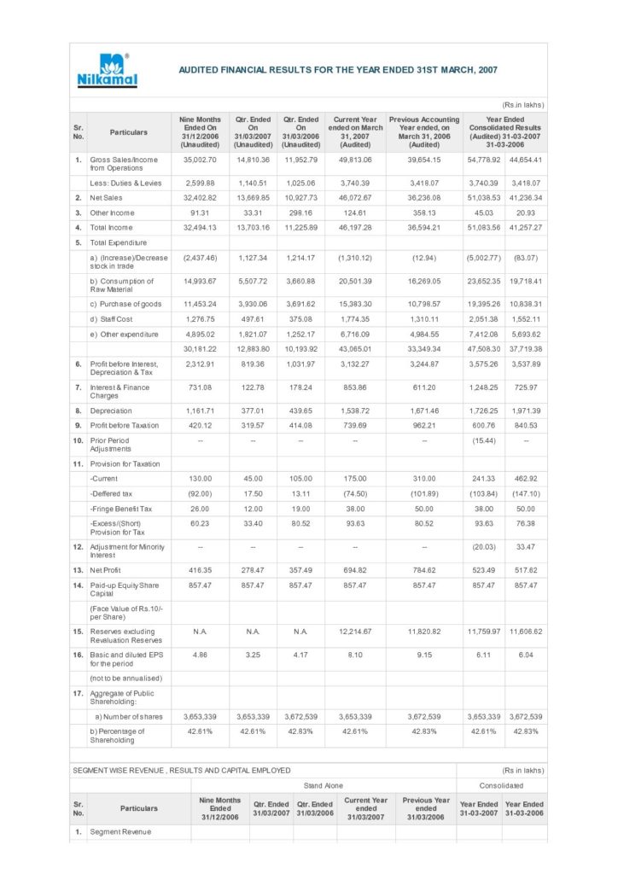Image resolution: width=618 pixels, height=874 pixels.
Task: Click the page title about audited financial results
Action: coord(338,70)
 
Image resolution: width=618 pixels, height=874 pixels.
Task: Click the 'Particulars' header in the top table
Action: coord(128,132)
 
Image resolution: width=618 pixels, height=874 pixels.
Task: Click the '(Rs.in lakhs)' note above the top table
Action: coord(522,105)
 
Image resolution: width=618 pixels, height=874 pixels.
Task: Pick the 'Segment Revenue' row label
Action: coord(120,831)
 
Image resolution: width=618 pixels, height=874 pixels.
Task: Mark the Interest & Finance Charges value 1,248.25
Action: coord(482,387)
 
